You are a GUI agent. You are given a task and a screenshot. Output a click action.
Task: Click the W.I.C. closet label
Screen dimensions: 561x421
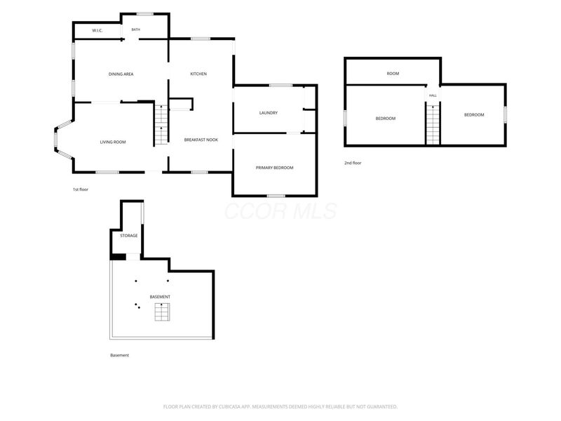(97, 30)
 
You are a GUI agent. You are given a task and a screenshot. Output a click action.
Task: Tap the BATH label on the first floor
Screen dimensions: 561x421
(135, 29)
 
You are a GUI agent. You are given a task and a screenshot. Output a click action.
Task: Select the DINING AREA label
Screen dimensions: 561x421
(121, 74)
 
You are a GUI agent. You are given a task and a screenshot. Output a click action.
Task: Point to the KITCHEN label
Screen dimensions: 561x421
(198, 74)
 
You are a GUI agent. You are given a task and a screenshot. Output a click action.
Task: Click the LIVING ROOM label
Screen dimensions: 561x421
(113, 142)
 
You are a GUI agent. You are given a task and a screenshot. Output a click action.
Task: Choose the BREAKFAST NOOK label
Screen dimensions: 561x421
(201, 140)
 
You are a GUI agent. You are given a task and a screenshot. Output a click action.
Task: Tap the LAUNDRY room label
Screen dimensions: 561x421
(269, 113)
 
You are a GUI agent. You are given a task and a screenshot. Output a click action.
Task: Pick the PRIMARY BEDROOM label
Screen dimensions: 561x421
(274, 168)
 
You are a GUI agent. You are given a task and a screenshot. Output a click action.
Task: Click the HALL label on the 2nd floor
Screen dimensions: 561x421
(433, 95)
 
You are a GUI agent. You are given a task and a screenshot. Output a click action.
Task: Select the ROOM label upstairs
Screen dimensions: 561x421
(393, 74)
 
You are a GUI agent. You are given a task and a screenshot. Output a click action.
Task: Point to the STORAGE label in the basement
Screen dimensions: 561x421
(129, 236)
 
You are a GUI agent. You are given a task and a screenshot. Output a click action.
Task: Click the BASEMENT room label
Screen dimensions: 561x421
(160, 297)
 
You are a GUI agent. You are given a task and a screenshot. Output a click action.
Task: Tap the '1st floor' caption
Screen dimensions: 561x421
(81, 189)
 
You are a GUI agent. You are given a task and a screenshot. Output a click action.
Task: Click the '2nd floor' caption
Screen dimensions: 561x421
(353, 163)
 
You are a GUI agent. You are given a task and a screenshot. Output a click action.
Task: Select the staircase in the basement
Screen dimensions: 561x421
(162, 312)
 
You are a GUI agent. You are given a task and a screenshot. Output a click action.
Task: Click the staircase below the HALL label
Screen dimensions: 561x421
(433, 125)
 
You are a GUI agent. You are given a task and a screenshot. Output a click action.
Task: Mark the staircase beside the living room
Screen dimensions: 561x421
(161, 125)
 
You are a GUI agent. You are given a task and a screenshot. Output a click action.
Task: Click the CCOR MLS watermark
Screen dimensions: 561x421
(281, 211)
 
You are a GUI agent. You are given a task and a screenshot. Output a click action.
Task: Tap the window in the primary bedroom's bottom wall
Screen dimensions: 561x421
(276, 196)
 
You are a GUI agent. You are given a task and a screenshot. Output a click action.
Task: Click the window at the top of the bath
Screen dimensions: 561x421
(145, 14)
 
